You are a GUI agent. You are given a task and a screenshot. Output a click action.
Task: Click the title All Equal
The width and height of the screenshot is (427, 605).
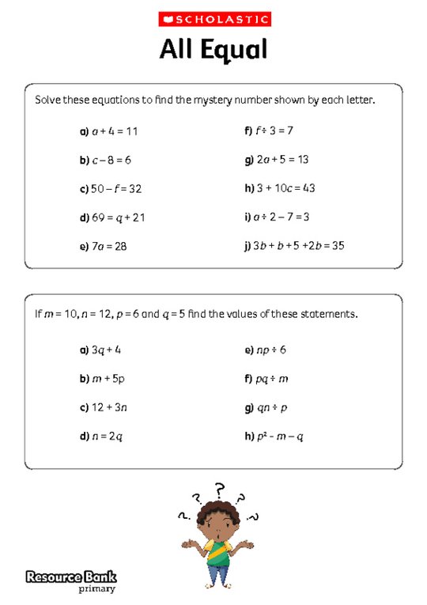(x=213, y=50)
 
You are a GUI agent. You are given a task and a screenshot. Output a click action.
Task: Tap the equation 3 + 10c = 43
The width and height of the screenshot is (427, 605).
(x=285, y=189)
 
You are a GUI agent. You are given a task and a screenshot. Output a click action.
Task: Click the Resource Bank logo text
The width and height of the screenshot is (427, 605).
(x=70, y=577)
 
